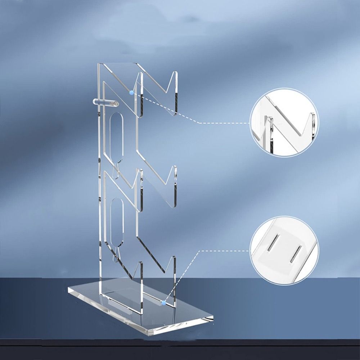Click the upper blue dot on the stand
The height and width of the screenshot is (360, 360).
tap(131, 93)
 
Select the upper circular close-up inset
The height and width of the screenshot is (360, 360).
tap(284, 123)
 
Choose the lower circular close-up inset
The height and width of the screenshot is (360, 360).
tap(284, 250)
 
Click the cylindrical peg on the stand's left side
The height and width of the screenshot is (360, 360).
tap(104, 103)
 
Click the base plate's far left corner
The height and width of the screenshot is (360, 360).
tap(68, 289)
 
